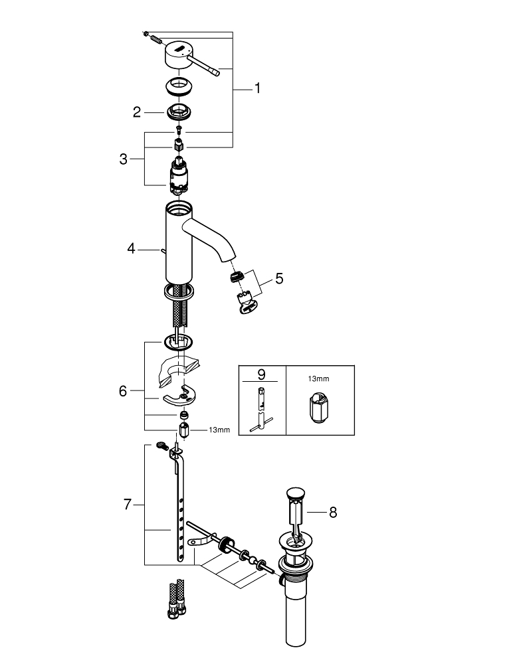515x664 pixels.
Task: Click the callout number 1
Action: (x=257, y=88)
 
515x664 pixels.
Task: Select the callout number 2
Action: (x=136, y=112)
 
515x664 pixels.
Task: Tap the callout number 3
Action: (x=124, y=159)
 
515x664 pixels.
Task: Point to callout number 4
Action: (x=132, y=248)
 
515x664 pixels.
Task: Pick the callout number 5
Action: (x=279, y=279)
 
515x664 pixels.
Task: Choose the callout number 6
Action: (x=123, y=391)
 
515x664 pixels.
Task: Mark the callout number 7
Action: (x=128, y=505)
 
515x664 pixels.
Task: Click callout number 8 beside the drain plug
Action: (x=333, y=513)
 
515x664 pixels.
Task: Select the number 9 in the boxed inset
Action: (x=262, y=374)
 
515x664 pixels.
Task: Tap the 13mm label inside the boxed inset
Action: (x=318, y=379)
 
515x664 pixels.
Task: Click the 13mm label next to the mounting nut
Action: (x=219, y=430)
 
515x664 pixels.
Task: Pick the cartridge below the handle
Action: (x=179, y=176)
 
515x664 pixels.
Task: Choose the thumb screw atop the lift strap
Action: (x=162, y=445)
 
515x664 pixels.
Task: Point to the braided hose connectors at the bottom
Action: (x=177, y=599)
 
